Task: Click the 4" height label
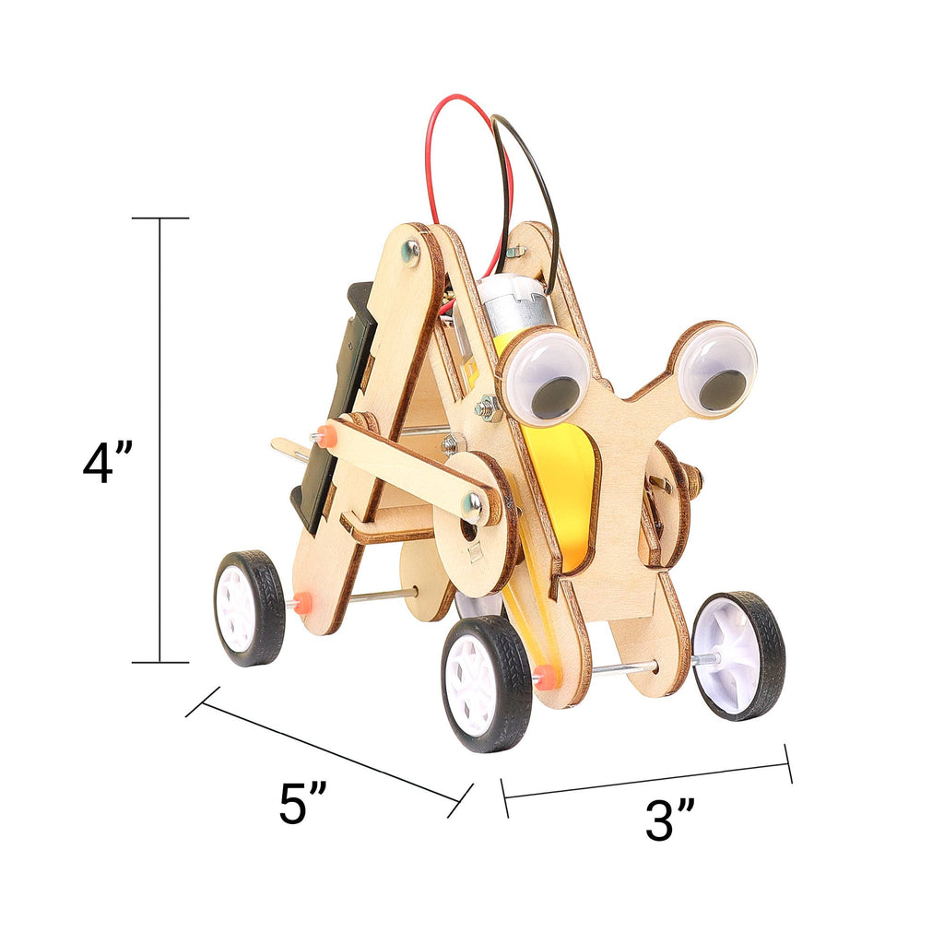108,463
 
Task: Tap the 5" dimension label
303,804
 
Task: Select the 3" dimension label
670,820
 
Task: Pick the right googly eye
716,369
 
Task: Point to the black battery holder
341,406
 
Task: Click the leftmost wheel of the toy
249,608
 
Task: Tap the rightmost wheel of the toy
738,655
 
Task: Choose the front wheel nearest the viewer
486,682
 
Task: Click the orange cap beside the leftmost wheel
301,604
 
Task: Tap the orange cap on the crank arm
326,435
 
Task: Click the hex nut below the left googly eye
486,407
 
